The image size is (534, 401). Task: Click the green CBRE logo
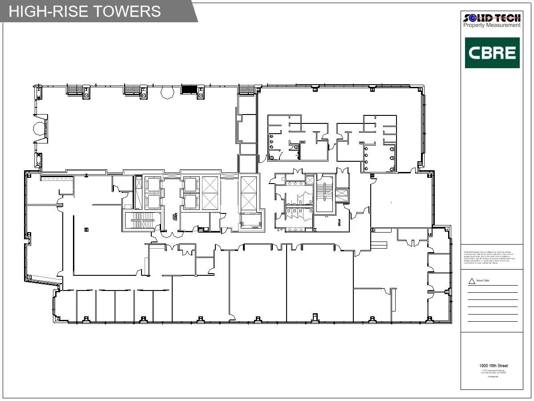point(492,53)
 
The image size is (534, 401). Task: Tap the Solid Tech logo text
point(492,18)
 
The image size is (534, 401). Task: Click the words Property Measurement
point(492,25)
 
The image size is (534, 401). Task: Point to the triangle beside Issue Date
point(471,282)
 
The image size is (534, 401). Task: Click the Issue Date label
point(483,281)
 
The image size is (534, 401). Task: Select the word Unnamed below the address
point(493,376)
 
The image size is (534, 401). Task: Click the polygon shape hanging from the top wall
point(168,93)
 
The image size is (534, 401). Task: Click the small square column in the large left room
point(86,229)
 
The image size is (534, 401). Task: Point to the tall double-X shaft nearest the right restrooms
point(248,194)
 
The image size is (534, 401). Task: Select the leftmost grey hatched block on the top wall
point(75,89)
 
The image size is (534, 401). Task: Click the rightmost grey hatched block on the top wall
point(247,90)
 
